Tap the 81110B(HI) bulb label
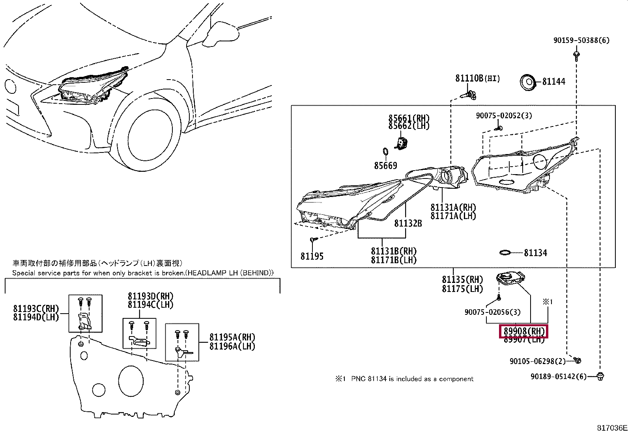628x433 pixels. coord(477,78)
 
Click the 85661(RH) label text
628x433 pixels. coord(409,118)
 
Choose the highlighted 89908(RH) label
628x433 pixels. coord(524,331)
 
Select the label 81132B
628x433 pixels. coord(408,223)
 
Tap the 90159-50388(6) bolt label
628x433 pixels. coord(581,40)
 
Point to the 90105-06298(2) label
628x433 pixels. coord(537,361)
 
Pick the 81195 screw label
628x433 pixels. coord(312,256)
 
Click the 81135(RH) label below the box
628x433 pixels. coord(462,280)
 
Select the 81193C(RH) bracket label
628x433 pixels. coord(36,308)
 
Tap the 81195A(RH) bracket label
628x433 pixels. coord(232,337)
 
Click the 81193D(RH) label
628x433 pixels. coord(150,296)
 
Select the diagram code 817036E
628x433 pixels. coord(611,428)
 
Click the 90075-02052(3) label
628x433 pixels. coord(504,115)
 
